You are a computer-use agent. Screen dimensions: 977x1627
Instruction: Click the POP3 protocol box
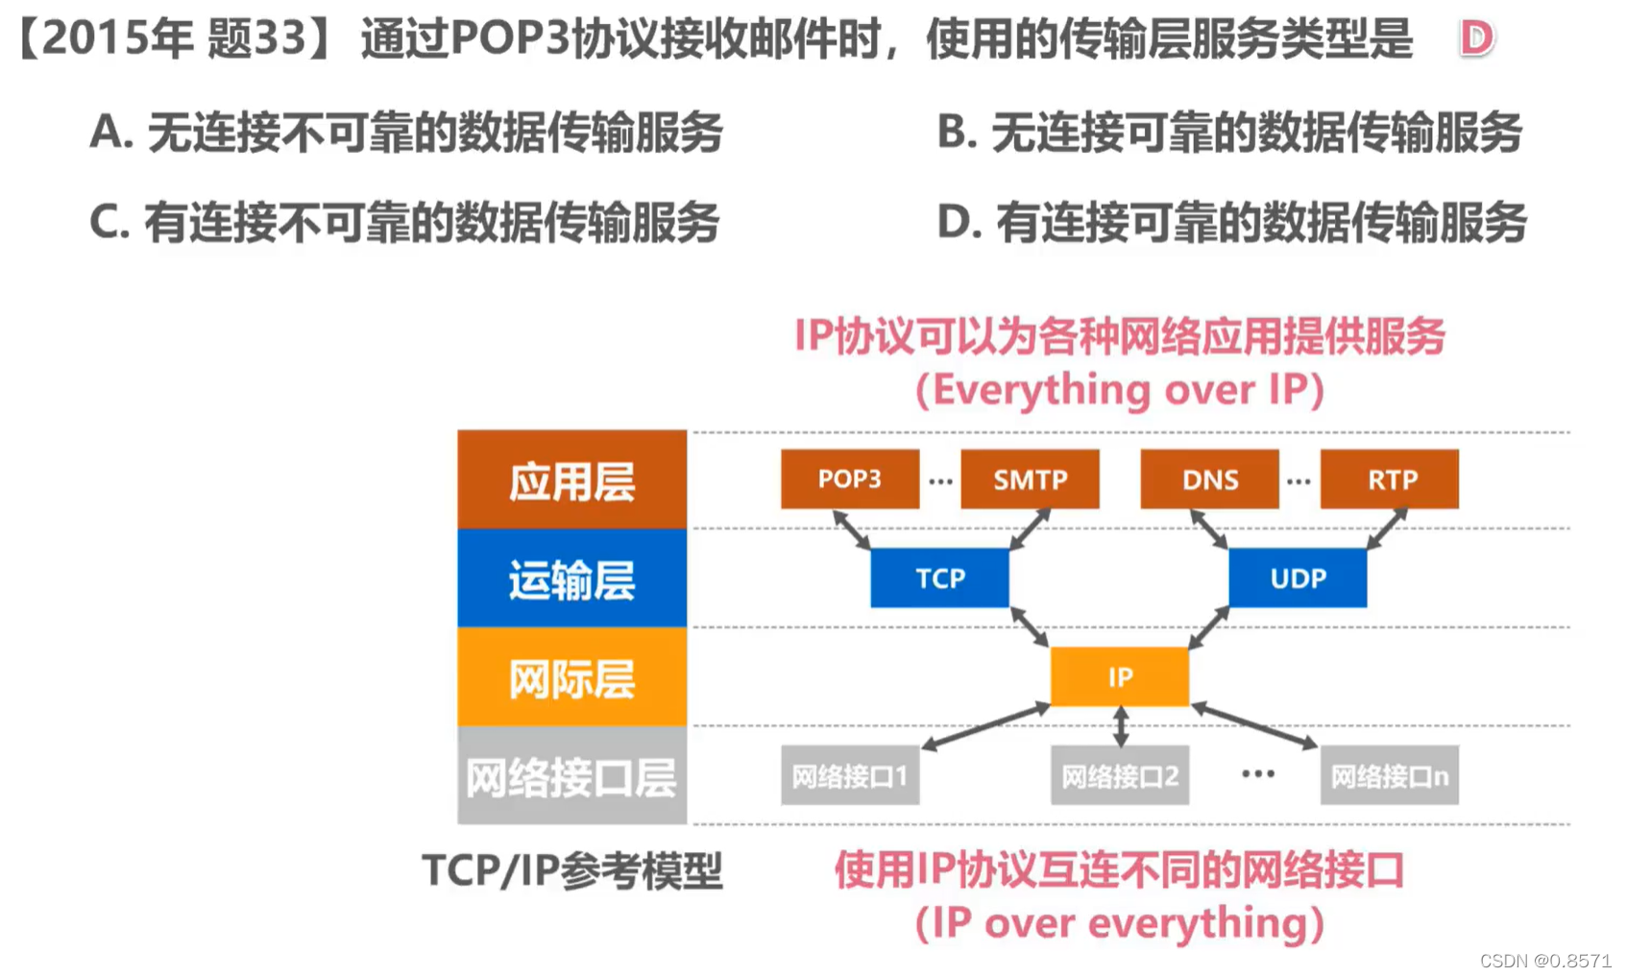pos(849,478)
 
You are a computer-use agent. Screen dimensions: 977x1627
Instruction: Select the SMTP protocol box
pos(1030,478)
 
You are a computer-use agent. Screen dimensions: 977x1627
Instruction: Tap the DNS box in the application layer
pos(1209,478)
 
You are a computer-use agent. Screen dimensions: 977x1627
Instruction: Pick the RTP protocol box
pos(1389,478)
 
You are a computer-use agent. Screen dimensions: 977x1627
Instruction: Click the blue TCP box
pos(939,577)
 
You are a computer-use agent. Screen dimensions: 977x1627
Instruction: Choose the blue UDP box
pos(1298,577)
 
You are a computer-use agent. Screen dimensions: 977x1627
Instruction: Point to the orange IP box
pos(1119,676)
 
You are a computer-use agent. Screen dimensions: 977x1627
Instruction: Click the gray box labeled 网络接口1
pos(849,775)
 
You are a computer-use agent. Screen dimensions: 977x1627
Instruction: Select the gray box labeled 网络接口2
pos(1119,775)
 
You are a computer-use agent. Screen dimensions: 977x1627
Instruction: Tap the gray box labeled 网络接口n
pos(1389,775)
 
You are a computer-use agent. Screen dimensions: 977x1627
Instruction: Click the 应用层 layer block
pos(571,480)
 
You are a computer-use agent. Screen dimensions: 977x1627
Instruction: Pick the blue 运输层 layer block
pos(571,578)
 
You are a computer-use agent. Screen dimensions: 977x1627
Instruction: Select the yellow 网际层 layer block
pos(571,677)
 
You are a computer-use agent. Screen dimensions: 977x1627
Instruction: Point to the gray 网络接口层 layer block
pos(571,776)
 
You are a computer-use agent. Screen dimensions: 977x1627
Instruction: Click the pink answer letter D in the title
pos(1476,38)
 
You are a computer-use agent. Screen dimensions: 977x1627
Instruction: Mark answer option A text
pos(405,132)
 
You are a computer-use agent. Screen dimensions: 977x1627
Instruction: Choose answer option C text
pos(403,222)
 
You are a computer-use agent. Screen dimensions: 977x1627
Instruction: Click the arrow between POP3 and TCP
pos(851,529)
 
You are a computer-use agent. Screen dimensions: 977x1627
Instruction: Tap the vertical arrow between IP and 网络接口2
pos(1120,726)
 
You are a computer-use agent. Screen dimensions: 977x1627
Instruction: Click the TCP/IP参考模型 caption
pos(571,870)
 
